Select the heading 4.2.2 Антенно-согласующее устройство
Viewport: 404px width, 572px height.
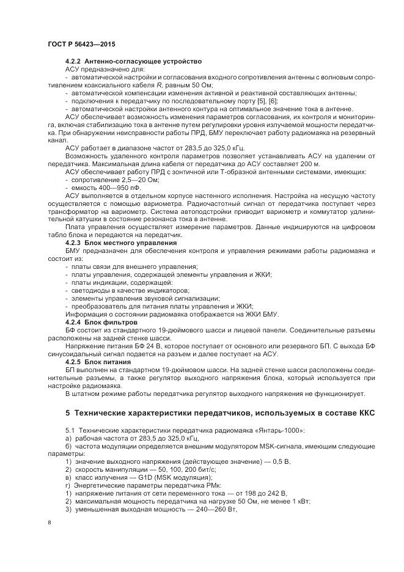click(133, 62)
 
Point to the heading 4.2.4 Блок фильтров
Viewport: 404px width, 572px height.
click(101, 321)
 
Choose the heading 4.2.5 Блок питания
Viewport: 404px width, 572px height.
click(98, 362)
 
